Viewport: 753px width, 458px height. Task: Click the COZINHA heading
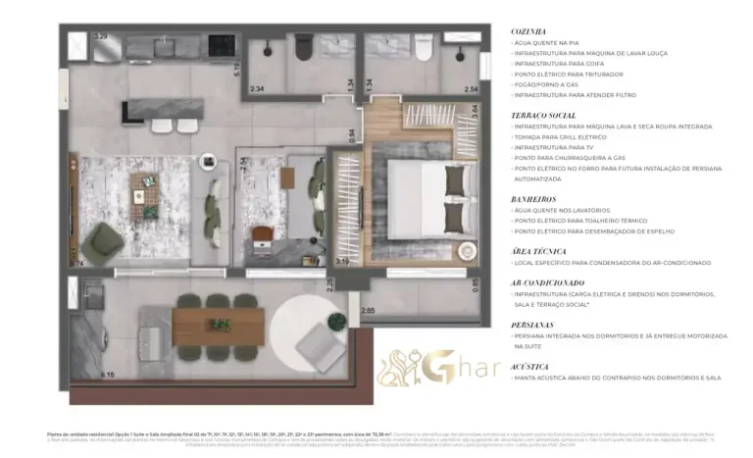[x=527, y=31]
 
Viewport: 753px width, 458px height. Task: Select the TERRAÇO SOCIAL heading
[x=542, y=115]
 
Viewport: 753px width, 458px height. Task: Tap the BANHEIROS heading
[x=532, y=199]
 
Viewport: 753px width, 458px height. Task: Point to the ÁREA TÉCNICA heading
[x=537, y=251]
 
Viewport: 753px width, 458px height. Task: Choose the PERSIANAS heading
[x=532, y=324]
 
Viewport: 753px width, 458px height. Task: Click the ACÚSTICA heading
[x=529, y=366]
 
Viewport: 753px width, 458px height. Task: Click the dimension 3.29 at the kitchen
[x=99, y=36]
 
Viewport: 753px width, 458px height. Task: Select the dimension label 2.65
[x=367, y=311]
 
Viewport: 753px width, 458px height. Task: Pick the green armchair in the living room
[x=102, y=241]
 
